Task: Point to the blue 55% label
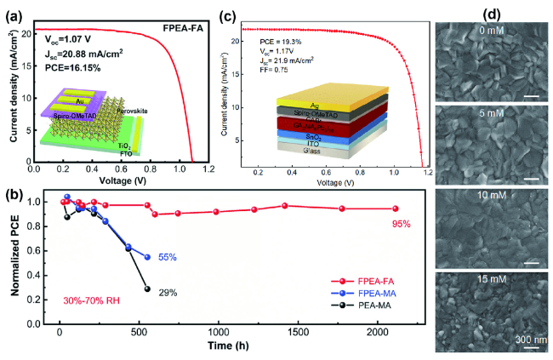pos(167,256)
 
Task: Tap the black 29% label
pos(167,293)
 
